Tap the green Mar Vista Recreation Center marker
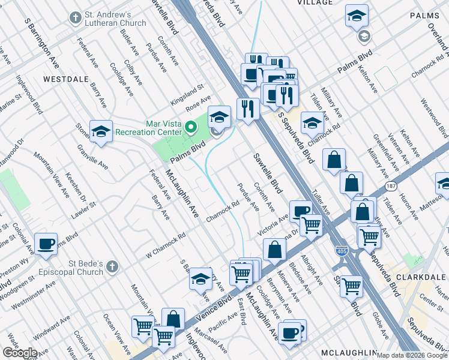pyautogui.click(x=191, y=127)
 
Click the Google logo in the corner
pyautogui.click(x=20, y=352)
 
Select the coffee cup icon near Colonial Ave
pyautogui.click(x=46, y=244)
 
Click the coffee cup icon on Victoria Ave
pyautogui.click(x=301, y=210)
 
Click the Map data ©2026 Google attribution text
pyautogui.click(x=411, y=355)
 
